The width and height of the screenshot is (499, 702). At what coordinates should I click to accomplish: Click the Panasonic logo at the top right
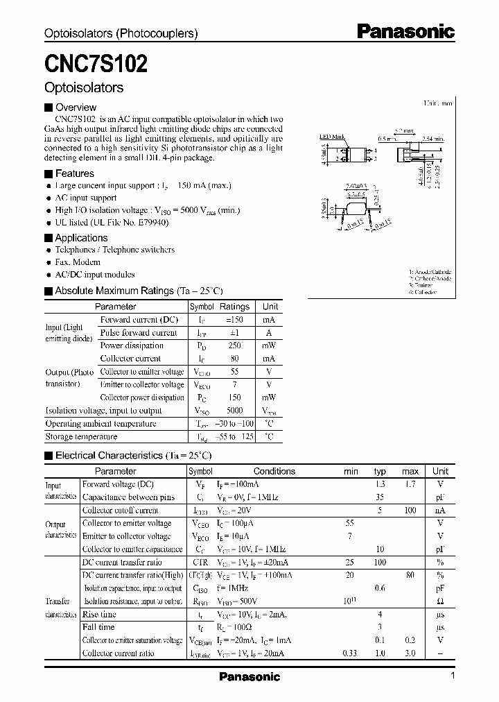[405, 31]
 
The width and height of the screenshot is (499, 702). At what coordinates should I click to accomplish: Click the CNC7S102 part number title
[96, 64]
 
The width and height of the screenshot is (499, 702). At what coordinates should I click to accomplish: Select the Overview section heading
[76, 108]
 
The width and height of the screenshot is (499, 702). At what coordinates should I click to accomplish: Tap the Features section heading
[74, 173]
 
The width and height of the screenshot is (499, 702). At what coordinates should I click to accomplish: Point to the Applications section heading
[81, 238]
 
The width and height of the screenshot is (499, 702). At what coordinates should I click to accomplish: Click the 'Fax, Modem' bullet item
[78, 262]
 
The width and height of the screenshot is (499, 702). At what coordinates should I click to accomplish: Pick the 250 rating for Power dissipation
[234, 345]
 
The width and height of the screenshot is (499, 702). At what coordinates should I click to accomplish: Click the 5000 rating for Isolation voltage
[234, 411]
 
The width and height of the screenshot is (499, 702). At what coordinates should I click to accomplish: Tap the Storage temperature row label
[81, 437]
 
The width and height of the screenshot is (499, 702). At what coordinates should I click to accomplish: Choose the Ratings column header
[234, 307]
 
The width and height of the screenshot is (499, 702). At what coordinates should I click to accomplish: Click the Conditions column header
[274, 471]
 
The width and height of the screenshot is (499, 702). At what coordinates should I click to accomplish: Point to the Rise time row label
[99, 615]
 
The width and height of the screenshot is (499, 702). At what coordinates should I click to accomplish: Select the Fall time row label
[98, 628]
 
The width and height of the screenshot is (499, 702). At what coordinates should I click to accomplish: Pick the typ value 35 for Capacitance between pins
[380, 497]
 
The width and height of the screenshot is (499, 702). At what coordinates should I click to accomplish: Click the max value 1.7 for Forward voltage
[410, 484]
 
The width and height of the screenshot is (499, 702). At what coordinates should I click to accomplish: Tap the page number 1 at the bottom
[453, 676]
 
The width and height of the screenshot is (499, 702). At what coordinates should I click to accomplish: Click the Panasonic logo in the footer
[249, 676]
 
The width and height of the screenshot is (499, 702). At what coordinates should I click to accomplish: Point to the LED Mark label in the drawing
[332, 137]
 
